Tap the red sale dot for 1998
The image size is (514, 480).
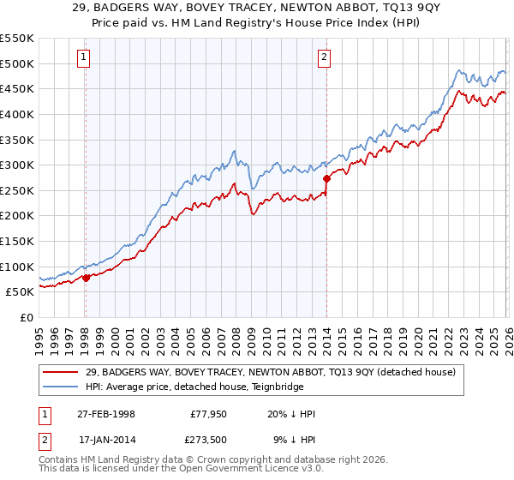pyautogui.click(x=86, y=278)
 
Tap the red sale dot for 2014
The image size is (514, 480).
pyautogui.click(x=326, y=179)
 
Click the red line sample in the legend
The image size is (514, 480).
pyautogui.click(x=62, y=371)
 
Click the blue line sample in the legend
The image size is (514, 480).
pyautogui.click(x=62, y=387)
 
